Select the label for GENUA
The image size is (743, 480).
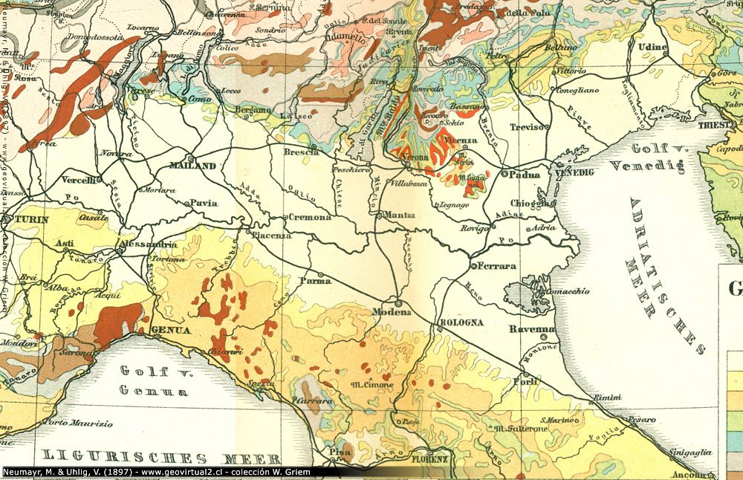coord(170,331)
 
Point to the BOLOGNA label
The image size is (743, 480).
coord(462,322)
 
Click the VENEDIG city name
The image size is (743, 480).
coord(575,172)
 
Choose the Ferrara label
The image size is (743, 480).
coord(497,266)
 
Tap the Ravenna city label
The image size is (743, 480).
coord(532,328)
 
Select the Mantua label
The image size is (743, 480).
coord(399,215)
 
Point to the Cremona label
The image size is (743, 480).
coord(311,217)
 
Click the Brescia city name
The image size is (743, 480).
coord(301,152)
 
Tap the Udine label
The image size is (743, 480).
coord(652,47)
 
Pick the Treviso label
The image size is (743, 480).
coord(526,127)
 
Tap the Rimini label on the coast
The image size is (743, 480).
coord(607,398)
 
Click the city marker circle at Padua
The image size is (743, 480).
coord(504,174)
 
